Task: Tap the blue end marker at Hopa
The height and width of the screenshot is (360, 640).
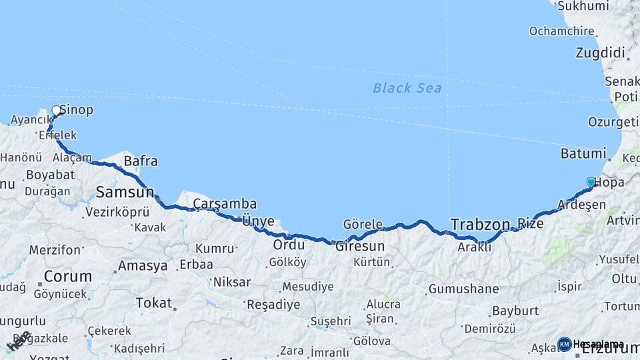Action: click(x=591, y=181)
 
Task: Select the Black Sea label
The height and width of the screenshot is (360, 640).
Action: click(x=407, y=87)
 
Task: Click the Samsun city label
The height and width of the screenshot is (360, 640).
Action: click(x=125, y=193)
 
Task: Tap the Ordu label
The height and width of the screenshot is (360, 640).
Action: click(x=289, y=245)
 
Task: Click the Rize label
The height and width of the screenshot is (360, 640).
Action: click(x=530, y=224)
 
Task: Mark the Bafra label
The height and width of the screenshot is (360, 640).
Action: click(x=141, y=161)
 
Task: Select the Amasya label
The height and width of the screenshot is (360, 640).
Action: click(x=143, y=266)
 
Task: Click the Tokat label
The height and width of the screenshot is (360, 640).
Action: click(x=154, y=303)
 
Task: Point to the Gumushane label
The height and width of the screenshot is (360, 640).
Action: click(x=463, y=289)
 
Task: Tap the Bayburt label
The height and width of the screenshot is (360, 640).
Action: click(x=515, y=311)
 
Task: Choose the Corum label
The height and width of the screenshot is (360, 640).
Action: click(x=67, y=276)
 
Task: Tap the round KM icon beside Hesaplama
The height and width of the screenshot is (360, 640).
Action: click(x=564, y=344)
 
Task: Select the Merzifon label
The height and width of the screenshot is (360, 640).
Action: click(x=55, y=250)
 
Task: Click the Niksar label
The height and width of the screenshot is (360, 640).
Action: click(x=231, y=282)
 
